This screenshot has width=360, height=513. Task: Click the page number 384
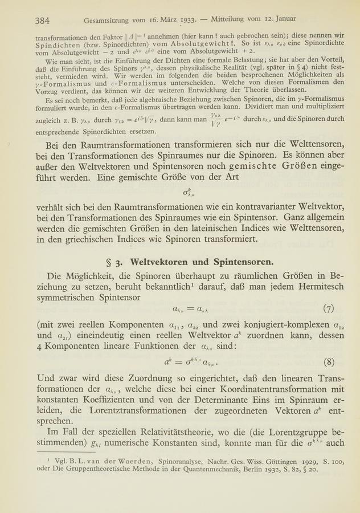point(42,21)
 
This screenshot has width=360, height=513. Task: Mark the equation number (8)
point(328,361)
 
